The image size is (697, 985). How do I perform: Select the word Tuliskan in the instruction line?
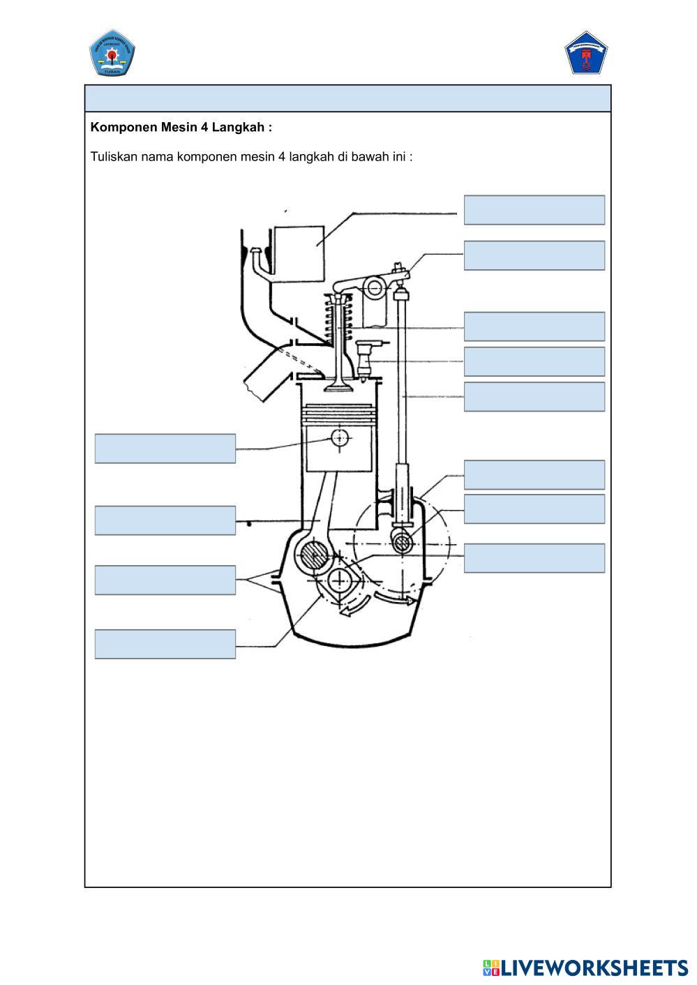click(114, 156)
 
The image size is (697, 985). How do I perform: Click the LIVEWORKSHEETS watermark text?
click(594, 968)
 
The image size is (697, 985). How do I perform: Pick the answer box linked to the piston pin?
click(165, 448)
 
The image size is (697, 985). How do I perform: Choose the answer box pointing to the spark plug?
click(534, 361)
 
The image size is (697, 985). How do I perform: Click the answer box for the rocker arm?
click(534, 255)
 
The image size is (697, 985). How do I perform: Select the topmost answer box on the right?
click(534, 210)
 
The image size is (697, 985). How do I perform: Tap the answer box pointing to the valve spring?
click(534, 326)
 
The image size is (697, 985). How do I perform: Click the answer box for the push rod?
click(534, 396)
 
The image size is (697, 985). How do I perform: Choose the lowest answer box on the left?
click(165, 644)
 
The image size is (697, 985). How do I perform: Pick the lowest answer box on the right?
click(534, 558)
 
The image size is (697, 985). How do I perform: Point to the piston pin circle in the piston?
click(340, 438)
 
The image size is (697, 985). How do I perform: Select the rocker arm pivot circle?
click(376, 287)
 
